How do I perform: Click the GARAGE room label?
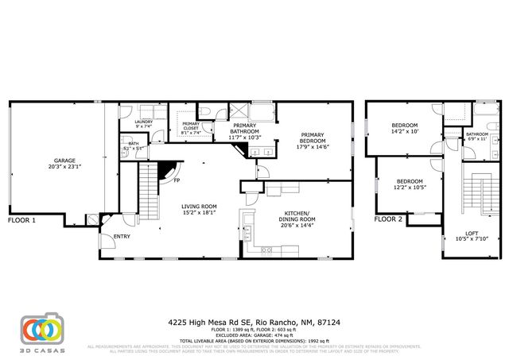coord(64,161)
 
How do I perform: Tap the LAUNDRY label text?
coord(143,122)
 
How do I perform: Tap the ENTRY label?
coord(122,236)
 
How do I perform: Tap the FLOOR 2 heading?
coord(389,219)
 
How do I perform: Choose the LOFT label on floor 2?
coord(461,234)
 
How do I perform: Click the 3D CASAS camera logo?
coord(42,327)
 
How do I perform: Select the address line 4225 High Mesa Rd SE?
coord(254,323)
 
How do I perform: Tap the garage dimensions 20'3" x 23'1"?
coord(64,167)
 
